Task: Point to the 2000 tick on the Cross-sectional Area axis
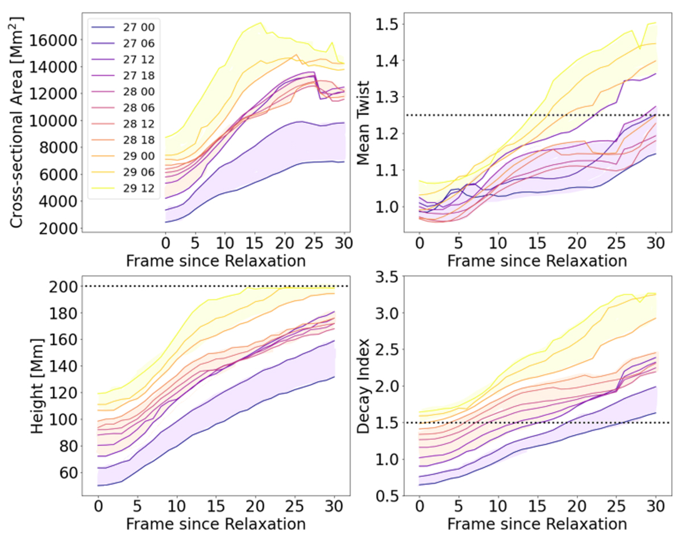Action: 58,229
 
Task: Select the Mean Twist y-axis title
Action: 364,122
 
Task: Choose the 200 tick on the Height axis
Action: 62,286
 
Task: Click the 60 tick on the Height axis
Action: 66,473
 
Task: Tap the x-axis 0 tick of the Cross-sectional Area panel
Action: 165,243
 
